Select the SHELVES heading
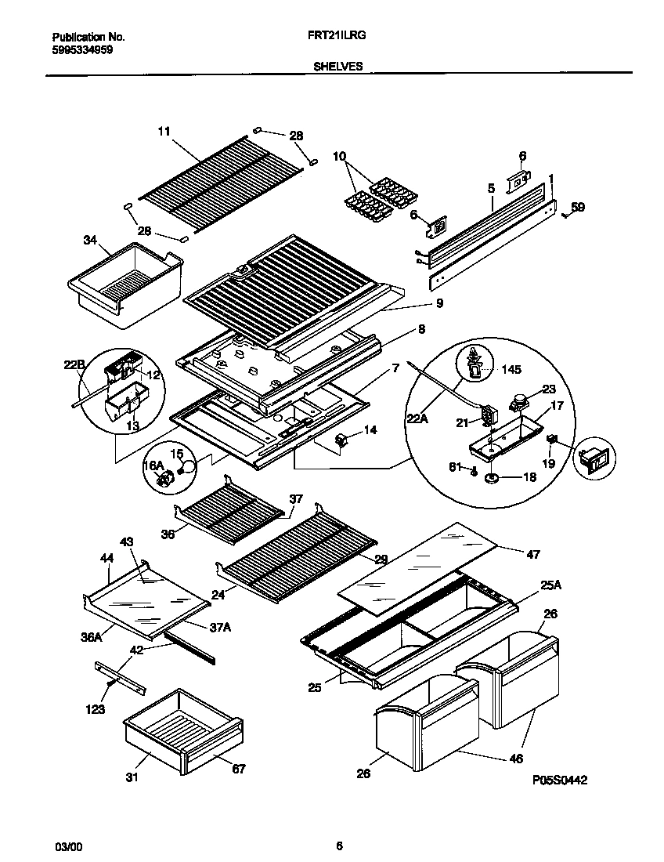337,67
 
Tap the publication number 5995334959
82,49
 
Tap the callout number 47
532,554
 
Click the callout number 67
237,769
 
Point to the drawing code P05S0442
560,781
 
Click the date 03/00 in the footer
67,846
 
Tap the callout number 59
577,208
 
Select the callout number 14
370,429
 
